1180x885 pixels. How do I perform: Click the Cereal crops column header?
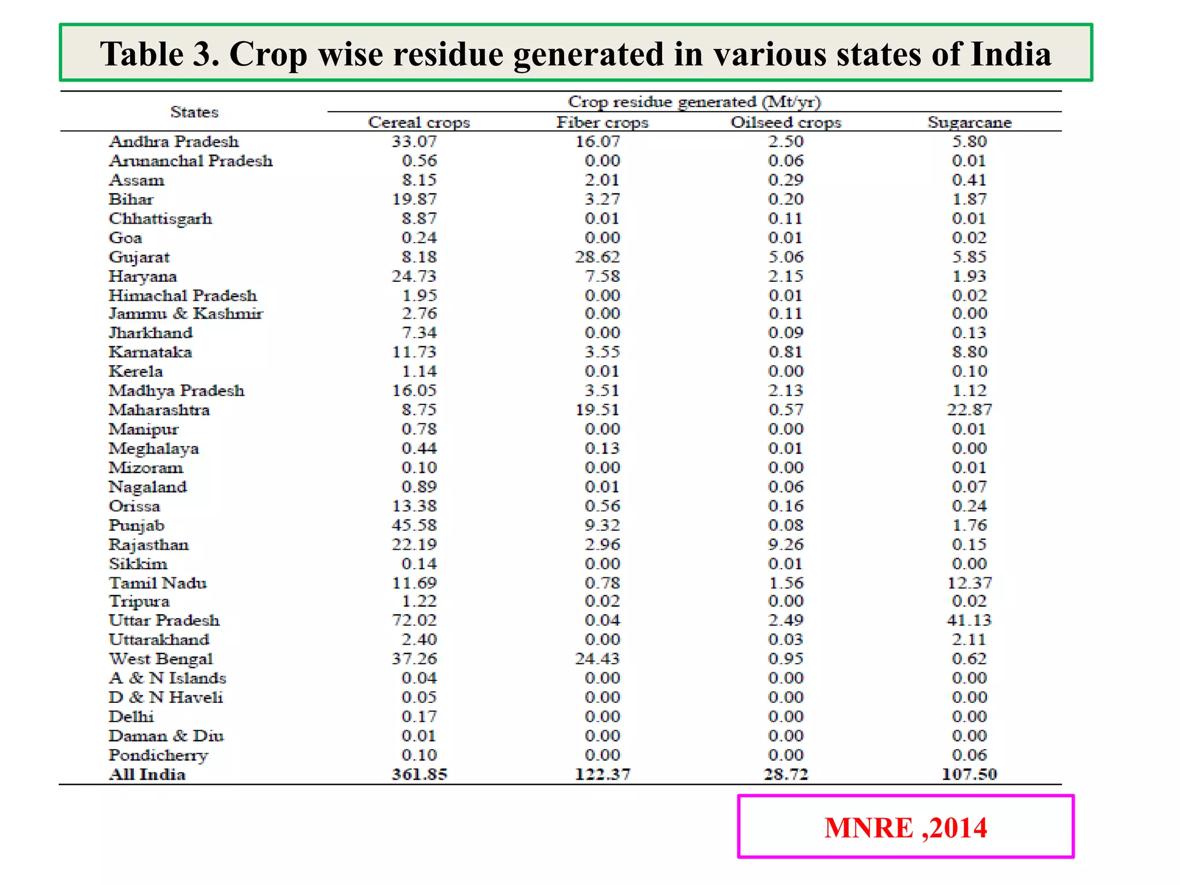pos(419,122)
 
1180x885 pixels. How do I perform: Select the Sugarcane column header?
pos(969,122)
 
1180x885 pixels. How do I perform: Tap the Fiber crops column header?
pos(602,122)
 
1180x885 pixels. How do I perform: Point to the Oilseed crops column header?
pos(786,122)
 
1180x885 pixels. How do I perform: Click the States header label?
pos(194,112)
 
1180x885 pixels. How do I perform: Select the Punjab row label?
pos(137,525)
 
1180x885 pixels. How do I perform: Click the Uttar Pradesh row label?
pos(164,621)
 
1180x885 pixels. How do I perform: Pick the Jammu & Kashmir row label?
pos(186,313)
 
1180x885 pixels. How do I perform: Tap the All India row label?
pos(147,774)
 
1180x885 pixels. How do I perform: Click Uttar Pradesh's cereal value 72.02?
pos(414,621)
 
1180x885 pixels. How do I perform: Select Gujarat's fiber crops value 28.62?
pos(597,257)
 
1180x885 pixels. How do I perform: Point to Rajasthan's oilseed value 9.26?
pos(786,544)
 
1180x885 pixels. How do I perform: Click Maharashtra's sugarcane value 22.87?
pos(969,410)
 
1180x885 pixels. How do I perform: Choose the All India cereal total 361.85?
pos(419,774)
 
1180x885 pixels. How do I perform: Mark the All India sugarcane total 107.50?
pos(969,774)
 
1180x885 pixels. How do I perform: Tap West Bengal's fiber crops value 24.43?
pos(597,659)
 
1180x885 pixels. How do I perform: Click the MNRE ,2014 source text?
pos(905,828)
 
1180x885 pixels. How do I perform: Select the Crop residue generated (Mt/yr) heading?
pos(694,102)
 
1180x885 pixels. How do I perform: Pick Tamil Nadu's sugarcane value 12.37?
pos(969,583)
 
